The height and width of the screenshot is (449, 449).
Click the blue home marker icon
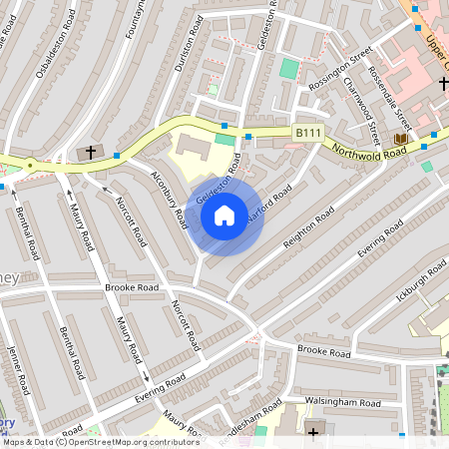224,215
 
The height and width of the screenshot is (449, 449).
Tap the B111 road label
307,132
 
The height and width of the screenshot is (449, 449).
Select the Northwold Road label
369,150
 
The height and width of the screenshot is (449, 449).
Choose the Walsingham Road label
343,401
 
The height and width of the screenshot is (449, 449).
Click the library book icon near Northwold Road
401,138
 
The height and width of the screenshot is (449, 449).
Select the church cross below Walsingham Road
313,432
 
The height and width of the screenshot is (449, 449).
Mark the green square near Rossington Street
289,69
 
